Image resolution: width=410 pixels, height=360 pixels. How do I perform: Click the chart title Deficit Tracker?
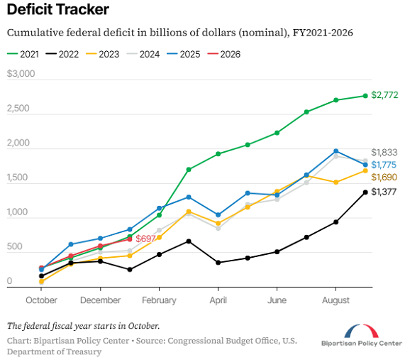[58, 10]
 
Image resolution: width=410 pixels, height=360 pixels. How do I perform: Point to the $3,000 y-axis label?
[21, 75]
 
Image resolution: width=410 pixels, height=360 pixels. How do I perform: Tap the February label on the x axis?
[159, 300]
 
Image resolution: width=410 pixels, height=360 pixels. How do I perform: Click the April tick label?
[218, 300]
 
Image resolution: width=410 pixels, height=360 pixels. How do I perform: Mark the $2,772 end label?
[384, 96]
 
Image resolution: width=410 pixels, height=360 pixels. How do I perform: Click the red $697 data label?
[145, 239]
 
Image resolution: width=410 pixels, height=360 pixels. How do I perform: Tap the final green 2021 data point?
[365, 96]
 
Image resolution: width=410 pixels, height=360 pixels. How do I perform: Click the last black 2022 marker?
[365, 192]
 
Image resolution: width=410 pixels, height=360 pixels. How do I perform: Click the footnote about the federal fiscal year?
[83, 326]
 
